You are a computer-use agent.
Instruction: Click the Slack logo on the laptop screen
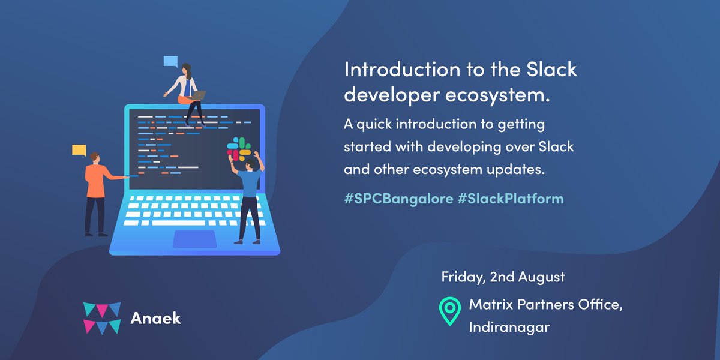(x=239, y=149)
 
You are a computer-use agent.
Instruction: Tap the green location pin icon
(x=450, y=311)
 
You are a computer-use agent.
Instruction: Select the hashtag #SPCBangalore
(x=398, y=199)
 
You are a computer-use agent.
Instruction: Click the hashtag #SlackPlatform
(x=511, y=199)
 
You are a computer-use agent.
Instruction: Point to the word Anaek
(x=155, y=318)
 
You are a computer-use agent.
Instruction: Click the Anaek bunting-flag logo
(x=102, y=318)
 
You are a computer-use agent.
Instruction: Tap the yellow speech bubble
(x=79, y=151)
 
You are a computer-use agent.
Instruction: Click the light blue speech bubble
(x=170, y=62)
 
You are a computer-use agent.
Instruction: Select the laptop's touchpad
(x=195, y=239)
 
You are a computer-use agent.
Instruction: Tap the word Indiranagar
(x=509, y=327)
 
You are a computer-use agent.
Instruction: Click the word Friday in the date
(x=463, y=277)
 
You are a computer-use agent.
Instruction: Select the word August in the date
(x=541, y=277)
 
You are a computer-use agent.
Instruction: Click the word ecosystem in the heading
(x=497, y=95)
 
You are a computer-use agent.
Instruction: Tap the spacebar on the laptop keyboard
(x=178, y=223)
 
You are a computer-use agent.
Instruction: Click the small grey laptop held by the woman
(x=199, y=95)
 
